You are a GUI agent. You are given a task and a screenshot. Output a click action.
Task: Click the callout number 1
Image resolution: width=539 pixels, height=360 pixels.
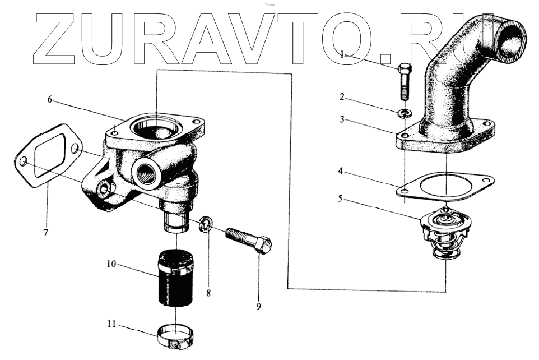pos(342,54)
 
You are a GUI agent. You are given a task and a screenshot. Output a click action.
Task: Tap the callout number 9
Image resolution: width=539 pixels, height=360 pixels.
pos(258,306)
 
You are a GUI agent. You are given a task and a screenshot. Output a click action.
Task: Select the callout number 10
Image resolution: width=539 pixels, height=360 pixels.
pos(113,263)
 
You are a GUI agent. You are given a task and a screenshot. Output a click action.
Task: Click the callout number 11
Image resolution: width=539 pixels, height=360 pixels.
pos(113,324)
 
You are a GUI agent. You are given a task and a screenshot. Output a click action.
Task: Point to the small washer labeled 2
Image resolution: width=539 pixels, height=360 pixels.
pos(404,114)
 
